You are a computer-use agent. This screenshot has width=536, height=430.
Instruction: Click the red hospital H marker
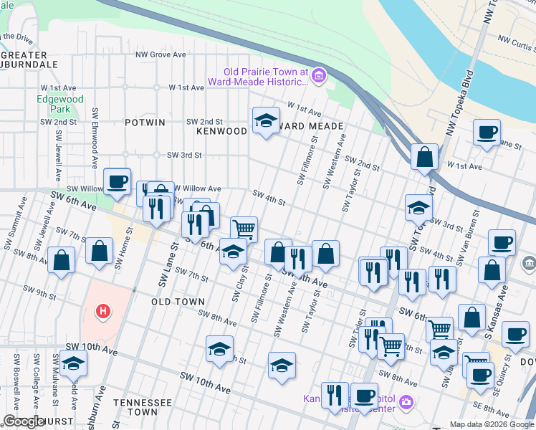104,311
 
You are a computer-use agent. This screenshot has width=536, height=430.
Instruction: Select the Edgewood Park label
61,104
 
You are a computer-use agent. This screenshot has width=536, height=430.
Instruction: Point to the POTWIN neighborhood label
145,123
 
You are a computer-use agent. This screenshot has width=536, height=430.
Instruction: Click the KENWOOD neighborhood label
221,131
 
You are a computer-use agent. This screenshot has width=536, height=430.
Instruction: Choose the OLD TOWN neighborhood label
178,302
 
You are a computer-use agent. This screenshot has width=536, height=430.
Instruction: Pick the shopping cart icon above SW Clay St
244,229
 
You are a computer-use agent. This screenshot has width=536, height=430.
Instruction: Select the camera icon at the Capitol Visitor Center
407,403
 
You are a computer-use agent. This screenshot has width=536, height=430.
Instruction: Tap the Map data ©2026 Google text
491,424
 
